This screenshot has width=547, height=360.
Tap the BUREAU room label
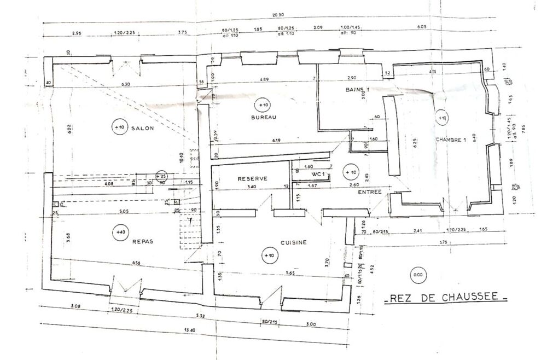click(x=264, y=118)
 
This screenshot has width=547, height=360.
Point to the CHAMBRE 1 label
click(x=451, y=140)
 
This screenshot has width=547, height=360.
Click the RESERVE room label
click(x=252, y=179)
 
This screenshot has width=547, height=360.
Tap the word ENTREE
click(x=370, y=193)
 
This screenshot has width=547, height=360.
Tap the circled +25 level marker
click(x=161, y=176)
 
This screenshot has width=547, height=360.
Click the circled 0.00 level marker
click(x=418, y=275)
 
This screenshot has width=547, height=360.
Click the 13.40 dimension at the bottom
click(x=190, y=330)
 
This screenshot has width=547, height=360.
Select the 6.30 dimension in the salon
click(x=125, y=84)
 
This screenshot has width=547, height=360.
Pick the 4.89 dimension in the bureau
click(x=264, y=79)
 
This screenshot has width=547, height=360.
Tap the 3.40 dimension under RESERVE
click(x=252, y=187)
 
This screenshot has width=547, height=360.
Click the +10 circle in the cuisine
click(x=268, y=255)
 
